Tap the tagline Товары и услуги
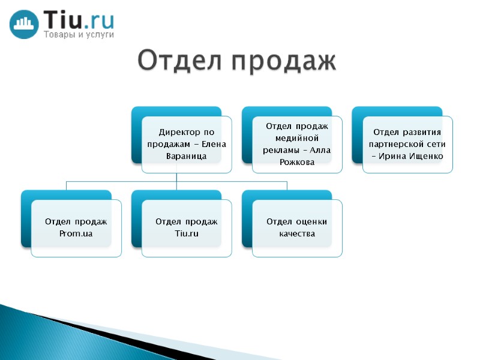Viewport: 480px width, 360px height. click(x=78, y=35)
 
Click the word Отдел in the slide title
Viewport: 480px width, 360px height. click(x=178, y=61)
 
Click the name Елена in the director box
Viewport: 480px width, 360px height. click(x=214, y=144)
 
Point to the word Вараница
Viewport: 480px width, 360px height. click(x=186, y=156)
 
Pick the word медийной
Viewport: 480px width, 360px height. click(x=297, y=137)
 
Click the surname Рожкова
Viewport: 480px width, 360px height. click(x=297, y=162)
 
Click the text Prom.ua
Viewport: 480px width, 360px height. click(x=76, y=233)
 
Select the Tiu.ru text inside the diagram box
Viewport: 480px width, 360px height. click(x=186, y=233)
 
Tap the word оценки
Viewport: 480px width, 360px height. click(x=310, y=222)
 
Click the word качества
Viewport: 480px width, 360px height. click(x=297, y=233)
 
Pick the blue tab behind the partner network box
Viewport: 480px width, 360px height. click(x=356, y=138)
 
